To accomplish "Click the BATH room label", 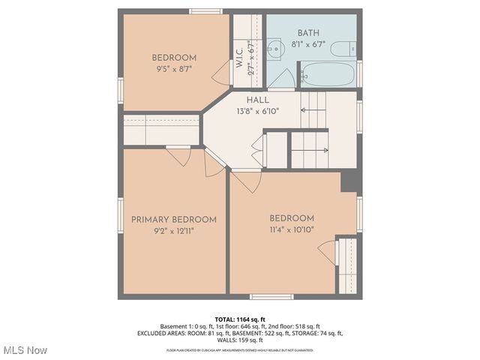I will (x=308, y=32).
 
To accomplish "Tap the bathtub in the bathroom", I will (x=328, y=75).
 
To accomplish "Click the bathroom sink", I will (x=274, y=47).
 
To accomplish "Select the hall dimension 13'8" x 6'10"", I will (x=257, y=111).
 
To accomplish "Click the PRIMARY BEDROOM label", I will (x=173, y=220).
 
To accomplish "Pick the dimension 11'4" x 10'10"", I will (x=291, y=230).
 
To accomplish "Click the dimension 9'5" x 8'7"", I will (x=174, y=70).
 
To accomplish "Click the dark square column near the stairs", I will (x=349, y=181).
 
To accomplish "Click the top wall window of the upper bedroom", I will (x=205, y=11).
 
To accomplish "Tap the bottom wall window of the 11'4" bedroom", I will (x=271, y=296).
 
